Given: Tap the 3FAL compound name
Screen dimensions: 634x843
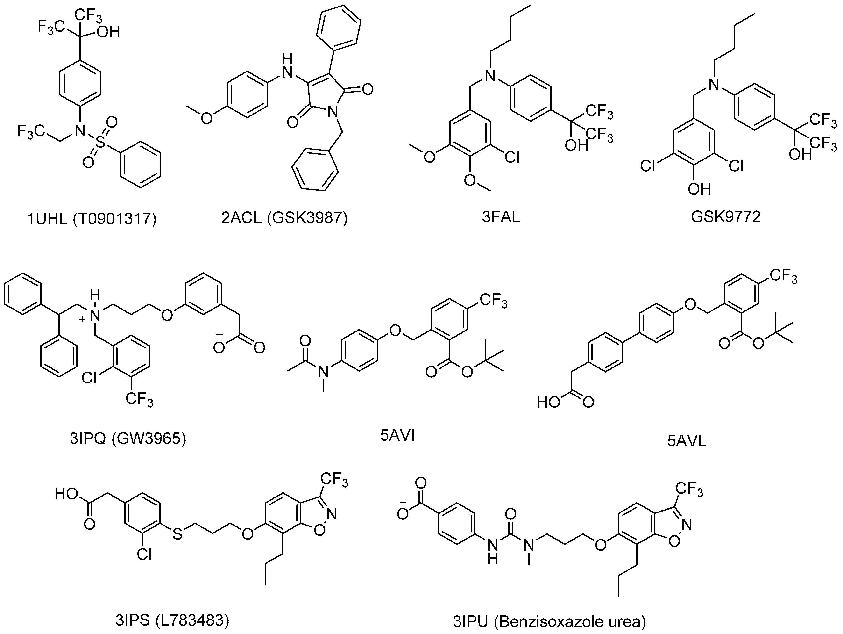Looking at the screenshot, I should pyautogui.click(x=501, y=217).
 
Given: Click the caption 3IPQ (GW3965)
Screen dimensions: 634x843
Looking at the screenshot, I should pyautogui.click(x=128, y=439).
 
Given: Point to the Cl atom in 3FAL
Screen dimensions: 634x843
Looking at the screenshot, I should pyautogui.click(x=512, y=156).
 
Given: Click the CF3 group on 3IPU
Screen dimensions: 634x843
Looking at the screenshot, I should pyautogui.click(x=689, y=490).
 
